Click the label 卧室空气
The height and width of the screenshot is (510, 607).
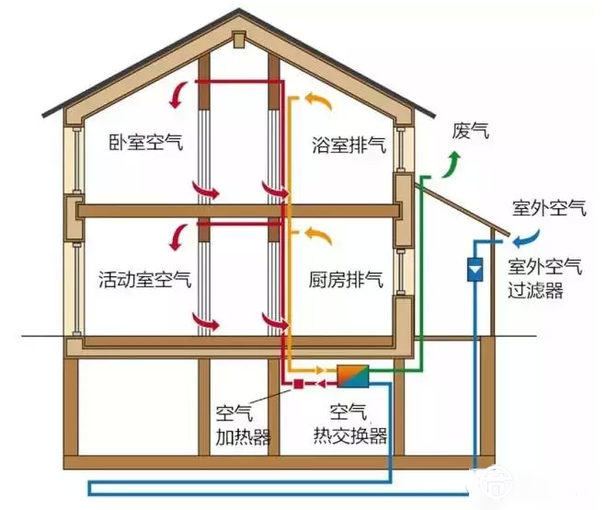tap(144, 144)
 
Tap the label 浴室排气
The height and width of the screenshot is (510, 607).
tap(348, 144)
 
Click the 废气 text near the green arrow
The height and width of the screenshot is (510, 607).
tap(470, 131)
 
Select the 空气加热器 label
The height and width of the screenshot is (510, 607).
tap(243, 423)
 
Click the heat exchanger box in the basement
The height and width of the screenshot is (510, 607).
tap(353, 376)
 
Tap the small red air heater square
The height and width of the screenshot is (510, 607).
tap(298, 383)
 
